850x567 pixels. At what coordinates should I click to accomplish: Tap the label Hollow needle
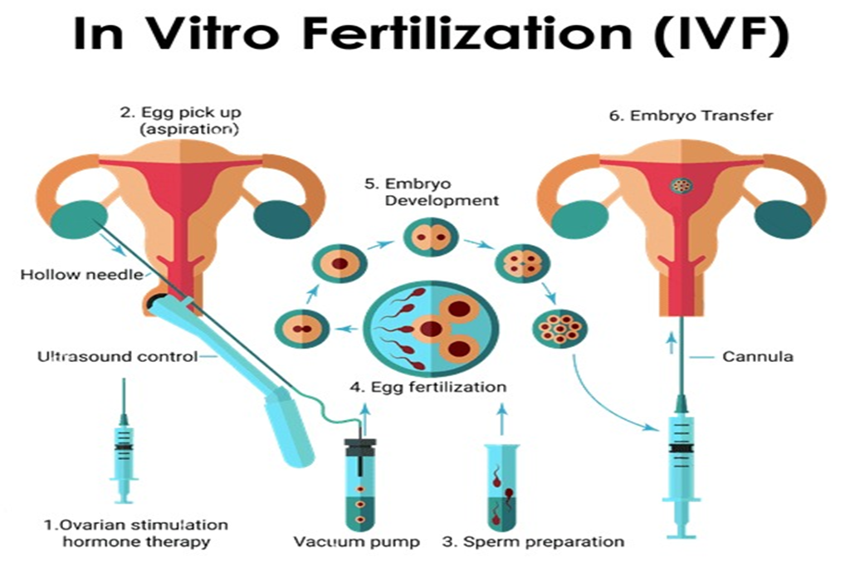coord(83,275)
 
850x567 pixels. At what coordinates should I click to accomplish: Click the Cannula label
coord(757,358)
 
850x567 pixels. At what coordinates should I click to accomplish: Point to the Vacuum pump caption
coord(356,542)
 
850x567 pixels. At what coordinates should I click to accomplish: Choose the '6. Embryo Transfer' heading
coord(691,115)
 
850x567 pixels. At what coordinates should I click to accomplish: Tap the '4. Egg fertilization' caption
coord(427,387)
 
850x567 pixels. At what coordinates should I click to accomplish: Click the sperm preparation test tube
coord(502,490)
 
